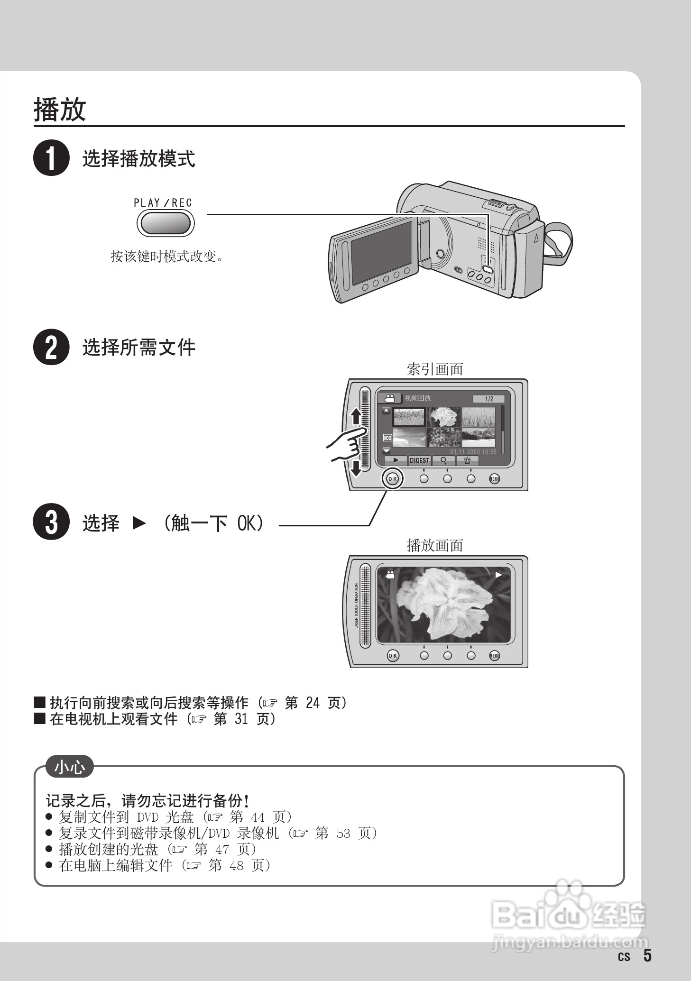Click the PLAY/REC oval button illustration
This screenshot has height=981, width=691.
click(x=166, y=223)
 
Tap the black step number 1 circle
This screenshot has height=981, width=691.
click(x=51, y=158)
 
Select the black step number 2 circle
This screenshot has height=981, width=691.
click(x=51, y=347)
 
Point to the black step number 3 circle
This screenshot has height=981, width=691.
click(x=51, y=522)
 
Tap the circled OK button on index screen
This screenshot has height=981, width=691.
click(x=392, y=479)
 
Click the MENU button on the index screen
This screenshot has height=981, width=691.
click(x=495, y=479)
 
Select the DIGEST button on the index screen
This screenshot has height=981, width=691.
click(x=419, y=460)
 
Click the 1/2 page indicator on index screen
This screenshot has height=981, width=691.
click(x=488, y=399)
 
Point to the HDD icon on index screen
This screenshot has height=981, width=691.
click(x=387, y=438)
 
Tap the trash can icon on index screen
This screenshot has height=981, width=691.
click(x=468, y=460)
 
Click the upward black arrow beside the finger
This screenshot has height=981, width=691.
click(x=355, y=417)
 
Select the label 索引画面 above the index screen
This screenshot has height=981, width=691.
click(x=435, y=369)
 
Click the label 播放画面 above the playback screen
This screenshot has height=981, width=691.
click(x=435, y=545)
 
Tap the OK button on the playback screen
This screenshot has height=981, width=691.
click(x=393, y=656)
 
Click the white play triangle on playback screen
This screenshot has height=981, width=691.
click(x=498, y=575)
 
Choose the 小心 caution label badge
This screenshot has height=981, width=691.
click(x=69, y=767)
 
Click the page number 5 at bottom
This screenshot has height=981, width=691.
click(x=647, y=955)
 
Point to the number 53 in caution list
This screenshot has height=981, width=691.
click(x=343, y=833)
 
